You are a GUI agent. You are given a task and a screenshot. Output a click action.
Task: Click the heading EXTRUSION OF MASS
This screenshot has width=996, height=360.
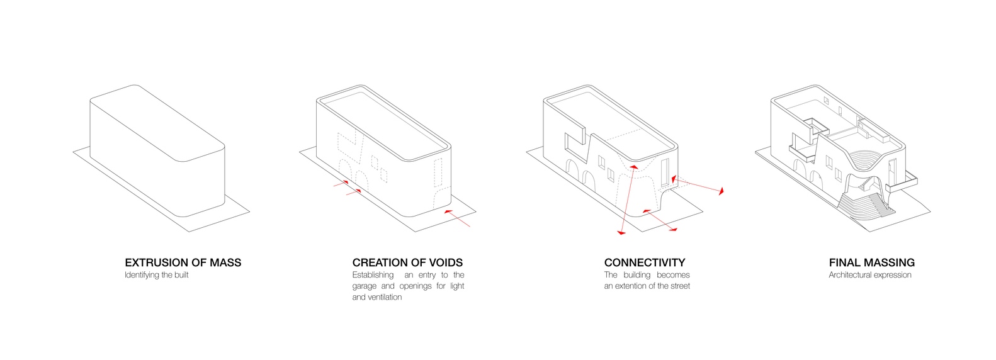[183, 262]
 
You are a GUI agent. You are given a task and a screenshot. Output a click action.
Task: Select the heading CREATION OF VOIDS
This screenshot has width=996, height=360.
[407, 262]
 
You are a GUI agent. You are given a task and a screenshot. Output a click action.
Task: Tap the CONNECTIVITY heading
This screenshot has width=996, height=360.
[644, 262]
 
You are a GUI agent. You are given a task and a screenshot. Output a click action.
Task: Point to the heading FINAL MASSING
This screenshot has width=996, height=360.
[871, 262]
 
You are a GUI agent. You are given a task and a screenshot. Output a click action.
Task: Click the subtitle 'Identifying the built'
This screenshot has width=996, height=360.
[157, 275]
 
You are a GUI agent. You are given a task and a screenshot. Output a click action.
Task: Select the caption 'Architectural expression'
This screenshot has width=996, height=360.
[869, 275]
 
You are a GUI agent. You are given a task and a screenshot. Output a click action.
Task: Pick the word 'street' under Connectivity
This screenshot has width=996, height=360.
[679, 286]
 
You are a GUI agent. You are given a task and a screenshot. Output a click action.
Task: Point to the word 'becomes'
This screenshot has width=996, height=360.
[673, 275]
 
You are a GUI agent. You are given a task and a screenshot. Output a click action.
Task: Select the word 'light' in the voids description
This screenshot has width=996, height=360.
[457, 286]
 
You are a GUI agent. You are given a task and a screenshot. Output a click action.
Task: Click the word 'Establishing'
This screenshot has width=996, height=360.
[373, 276]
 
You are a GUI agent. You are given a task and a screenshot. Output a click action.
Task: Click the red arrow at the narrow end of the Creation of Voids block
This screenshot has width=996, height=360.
[456, 218]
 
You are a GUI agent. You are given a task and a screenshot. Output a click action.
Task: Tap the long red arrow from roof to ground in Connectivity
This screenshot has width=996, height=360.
[628, 199]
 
